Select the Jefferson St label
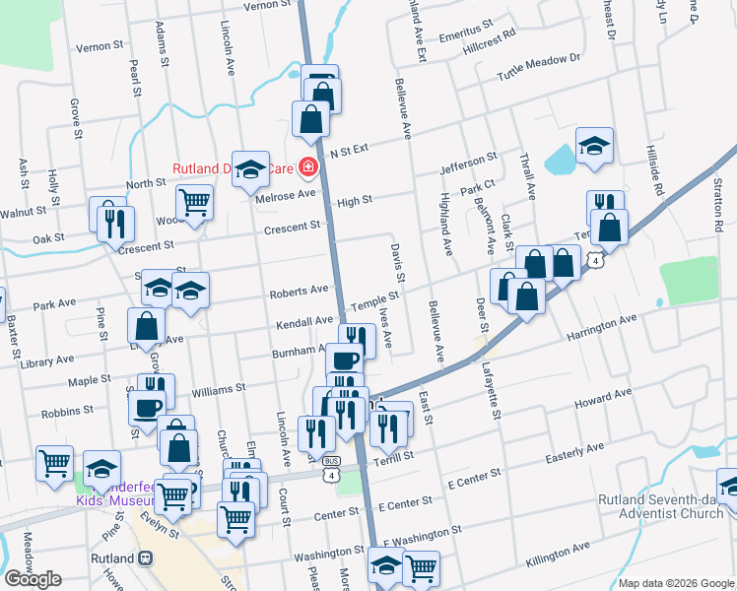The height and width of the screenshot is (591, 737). tap(468, 162)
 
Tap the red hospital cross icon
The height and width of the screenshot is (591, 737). tap(308, 168)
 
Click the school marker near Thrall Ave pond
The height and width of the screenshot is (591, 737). tap(594, 145)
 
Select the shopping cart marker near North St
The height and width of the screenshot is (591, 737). tap(195, 202)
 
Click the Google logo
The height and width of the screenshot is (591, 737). tap(33, 579)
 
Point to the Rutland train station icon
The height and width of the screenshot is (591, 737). tap(145, 558)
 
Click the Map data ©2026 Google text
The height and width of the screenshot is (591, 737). tap(676, 582)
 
